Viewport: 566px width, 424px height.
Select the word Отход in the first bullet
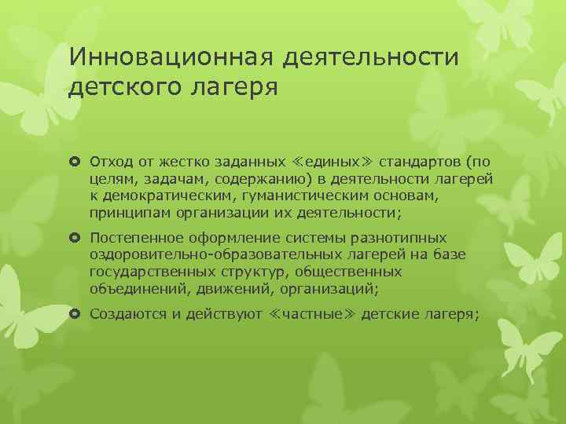pyautogui.click(x=108, y=163)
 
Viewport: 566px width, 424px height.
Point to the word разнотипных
pyautogui.click(x=399, y=237)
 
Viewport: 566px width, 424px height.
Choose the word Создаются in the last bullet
pyautogui.click(x=126, y=314)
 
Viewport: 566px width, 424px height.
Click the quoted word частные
pyautogui.click(x=300, y=314)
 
